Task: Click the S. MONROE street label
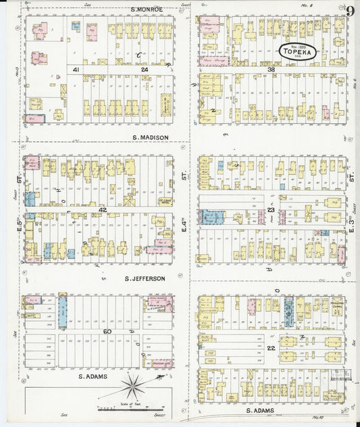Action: coord(147,9)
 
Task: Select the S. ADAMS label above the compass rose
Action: coord(94,376)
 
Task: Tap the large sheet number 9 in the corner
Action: coord(351,10)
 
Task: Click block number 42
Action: coord(103,210)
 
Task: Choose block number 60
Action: coord(107,331)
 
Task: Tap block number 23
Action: coord(270,211)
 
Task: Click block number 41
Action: coord(77,70)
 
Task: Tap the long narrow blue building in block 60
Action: coord(63,311)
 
